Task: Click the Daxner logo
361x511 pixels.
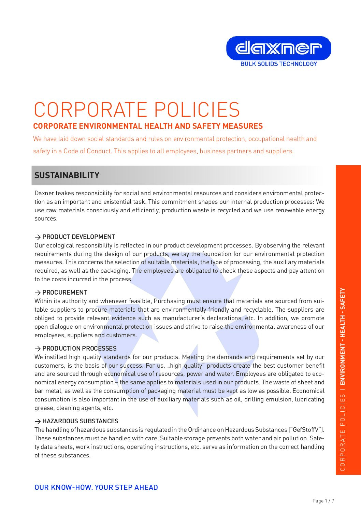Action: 278,48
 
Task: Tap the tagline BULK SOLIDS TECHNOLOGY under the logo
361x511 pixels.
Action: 278,64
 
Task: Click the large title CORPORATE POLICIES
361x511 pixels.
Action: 137,110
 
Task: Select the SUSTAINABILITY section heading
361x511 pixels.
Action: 67,175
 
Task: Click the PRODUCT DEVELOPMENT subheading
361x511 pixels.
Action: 78,237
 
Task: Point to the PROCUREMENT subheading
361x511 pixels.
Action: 65,293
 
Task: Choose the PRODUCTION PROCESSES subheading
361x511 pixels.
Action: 80,349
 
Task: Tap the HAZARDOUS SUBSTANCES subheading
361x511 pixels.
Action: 80,421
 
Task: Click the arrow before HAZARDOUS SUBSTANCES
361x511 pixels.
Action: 38,422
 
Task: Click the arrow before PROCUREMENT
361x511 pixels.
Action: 38,293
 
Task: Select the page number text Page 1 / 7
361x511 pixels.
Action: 323,501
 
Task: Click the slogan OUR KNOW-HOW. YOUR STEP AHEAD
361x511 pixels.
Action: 96,487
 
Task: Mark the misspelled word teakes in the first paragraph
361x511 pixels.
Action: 65,193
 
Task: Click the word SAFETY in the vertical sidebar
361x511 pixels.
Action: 343,299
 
